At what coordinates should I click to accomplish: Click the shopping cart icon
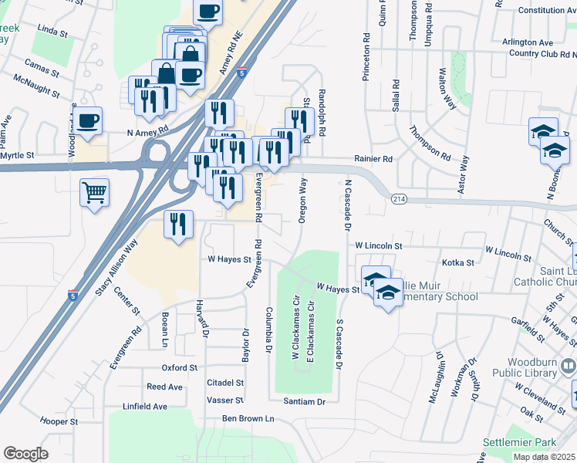pos(94,193)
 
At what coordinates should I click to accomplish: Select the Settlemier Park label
pos(519,443)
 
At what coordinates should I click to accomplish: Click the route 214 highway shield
pos(399,199)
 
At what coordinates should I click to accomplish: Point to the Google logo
pos(25,454)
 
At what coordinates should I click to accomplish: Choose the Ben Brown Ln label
pos(248,418)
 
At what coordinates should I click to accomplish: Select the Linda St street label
pos(53,31)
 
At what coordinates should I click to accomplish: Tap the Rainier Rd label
pos(373,159)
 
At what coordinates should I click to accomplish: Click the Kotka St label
pos(458,263)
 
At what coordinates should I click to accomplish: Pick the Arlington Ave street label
pos(528,42)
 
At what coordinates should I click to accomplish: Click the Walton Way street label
pos(447,88)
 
